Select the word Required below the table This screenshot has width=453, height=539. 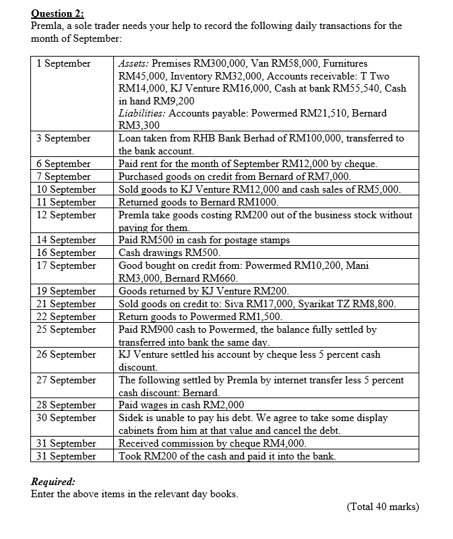(53, 481)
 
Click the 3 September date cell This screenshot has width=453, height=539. (63, 138)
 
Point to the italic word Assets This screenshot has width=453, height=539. (133, 63)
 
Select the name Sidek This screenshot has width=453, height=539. (133, 418)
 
